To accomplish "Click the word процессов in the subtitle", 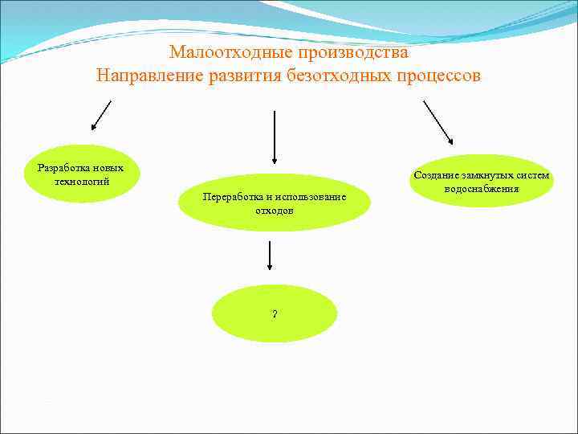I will (442, 77).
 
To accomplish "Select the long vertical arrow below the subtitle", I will (275, 137).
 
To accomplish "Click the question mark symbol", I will (275, 313).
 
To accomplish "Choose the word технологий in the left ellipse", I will (81, 180).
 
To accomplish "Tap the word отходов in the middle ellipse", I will (275, 210).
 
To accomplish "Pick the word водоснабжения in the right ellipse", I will (481, 188).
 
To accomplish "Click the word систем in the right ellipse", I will (534, 175).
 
